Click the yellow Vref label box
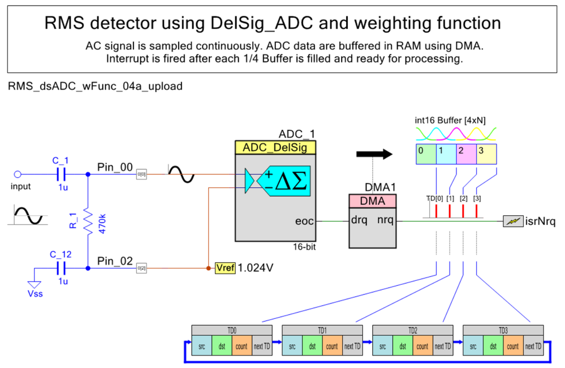click(x=225, y=267)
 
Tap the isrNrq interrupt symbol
click(x=513, y=221)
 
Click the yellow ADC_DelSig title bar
click(x=275, y=148)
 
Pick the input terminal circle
click(x=18, y=174)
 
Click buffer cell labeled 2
click(x=466, y=153)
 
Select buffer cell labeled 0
click(x=426, y=153)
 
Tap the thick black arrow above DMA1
click(x=375, y=153)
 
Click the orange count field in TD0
click(x=241, y=346)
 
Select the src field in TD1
click(x=292, y=346)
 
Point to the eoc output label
click(x=304, y=221)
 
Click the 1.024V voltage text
click(x=256, y=267)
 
